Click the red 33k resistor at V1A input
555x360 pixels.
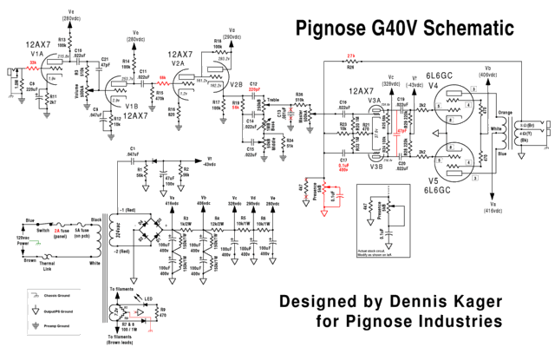click(34, 64)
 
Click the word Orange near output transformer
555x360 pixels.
click(505, 110)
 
